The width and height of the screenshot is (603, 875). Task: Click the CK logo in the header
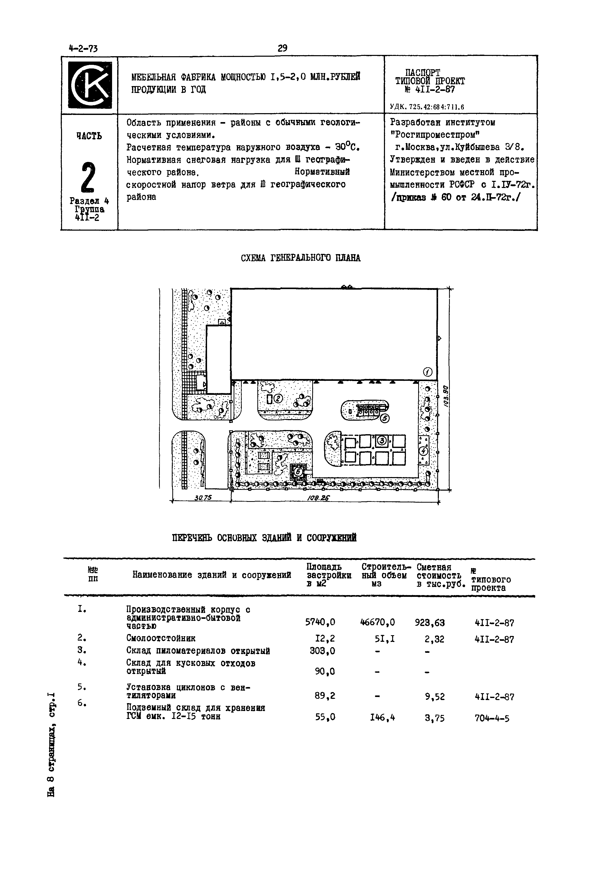(x=90, y=85)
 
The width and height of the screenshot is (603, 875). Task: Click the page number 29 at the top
(x=282, y=48)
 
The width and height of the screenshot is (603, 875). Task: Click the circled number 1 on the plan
(x=428, y=372)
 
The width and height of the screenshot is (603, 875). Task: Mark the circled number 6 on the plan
(x=298, y=472)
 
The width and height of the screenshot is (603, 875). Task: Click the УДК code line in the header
(x=427, y=107)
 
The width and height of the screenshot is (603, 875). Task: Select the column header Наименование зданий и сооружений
(x=212, y=575)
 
